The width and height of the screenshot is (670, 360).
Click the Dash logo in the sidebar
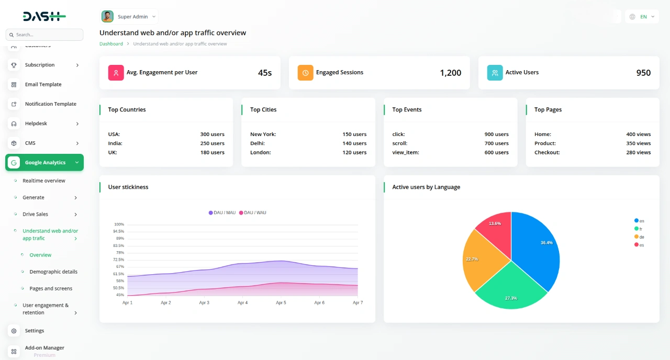pos(44,17)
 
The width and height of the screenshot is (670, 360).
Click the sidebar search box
pos(44,35)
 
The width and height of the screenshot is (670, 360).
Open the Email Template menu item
pos(43,84)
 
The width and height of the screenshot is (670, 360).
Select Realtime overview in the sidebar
pos(44,181)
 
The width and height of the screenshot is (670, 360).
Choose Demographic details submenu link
pos(53,272)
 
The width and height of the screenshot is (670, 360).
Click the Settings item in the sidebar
pos(35,331)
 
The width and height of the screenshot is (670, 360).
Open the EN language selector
pos(642,17)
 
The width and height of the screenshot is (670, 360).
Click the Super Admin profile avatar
pos(107,17)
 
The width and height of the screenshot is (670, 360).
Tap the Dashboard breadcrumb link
pos(111,44)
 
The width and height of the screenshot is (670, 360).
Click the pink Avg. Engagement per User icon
pos(116,73)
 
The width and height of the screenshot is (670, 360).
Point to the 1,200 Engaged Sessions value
pos(450,73)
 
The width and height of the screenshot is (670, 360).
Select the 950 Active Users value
pos(643,73)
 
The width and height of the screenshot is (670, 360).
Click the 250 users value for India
pos(212,143)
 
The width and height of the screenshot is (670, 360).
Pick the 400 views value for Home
pos(638,134)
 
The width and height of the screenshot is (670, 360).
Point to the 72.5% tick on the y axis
pos(118,260)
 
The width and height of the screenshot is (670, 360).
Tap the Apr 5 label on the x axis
pos(281,302)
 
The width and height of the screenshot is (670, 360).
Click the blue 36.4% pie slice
pos(537,246)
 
